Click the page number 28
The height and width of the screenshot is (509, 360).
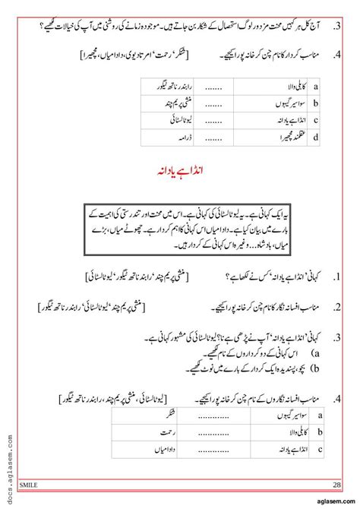(336, 483)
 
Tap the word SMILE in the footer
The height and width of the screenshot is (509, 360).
(31, 483)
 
